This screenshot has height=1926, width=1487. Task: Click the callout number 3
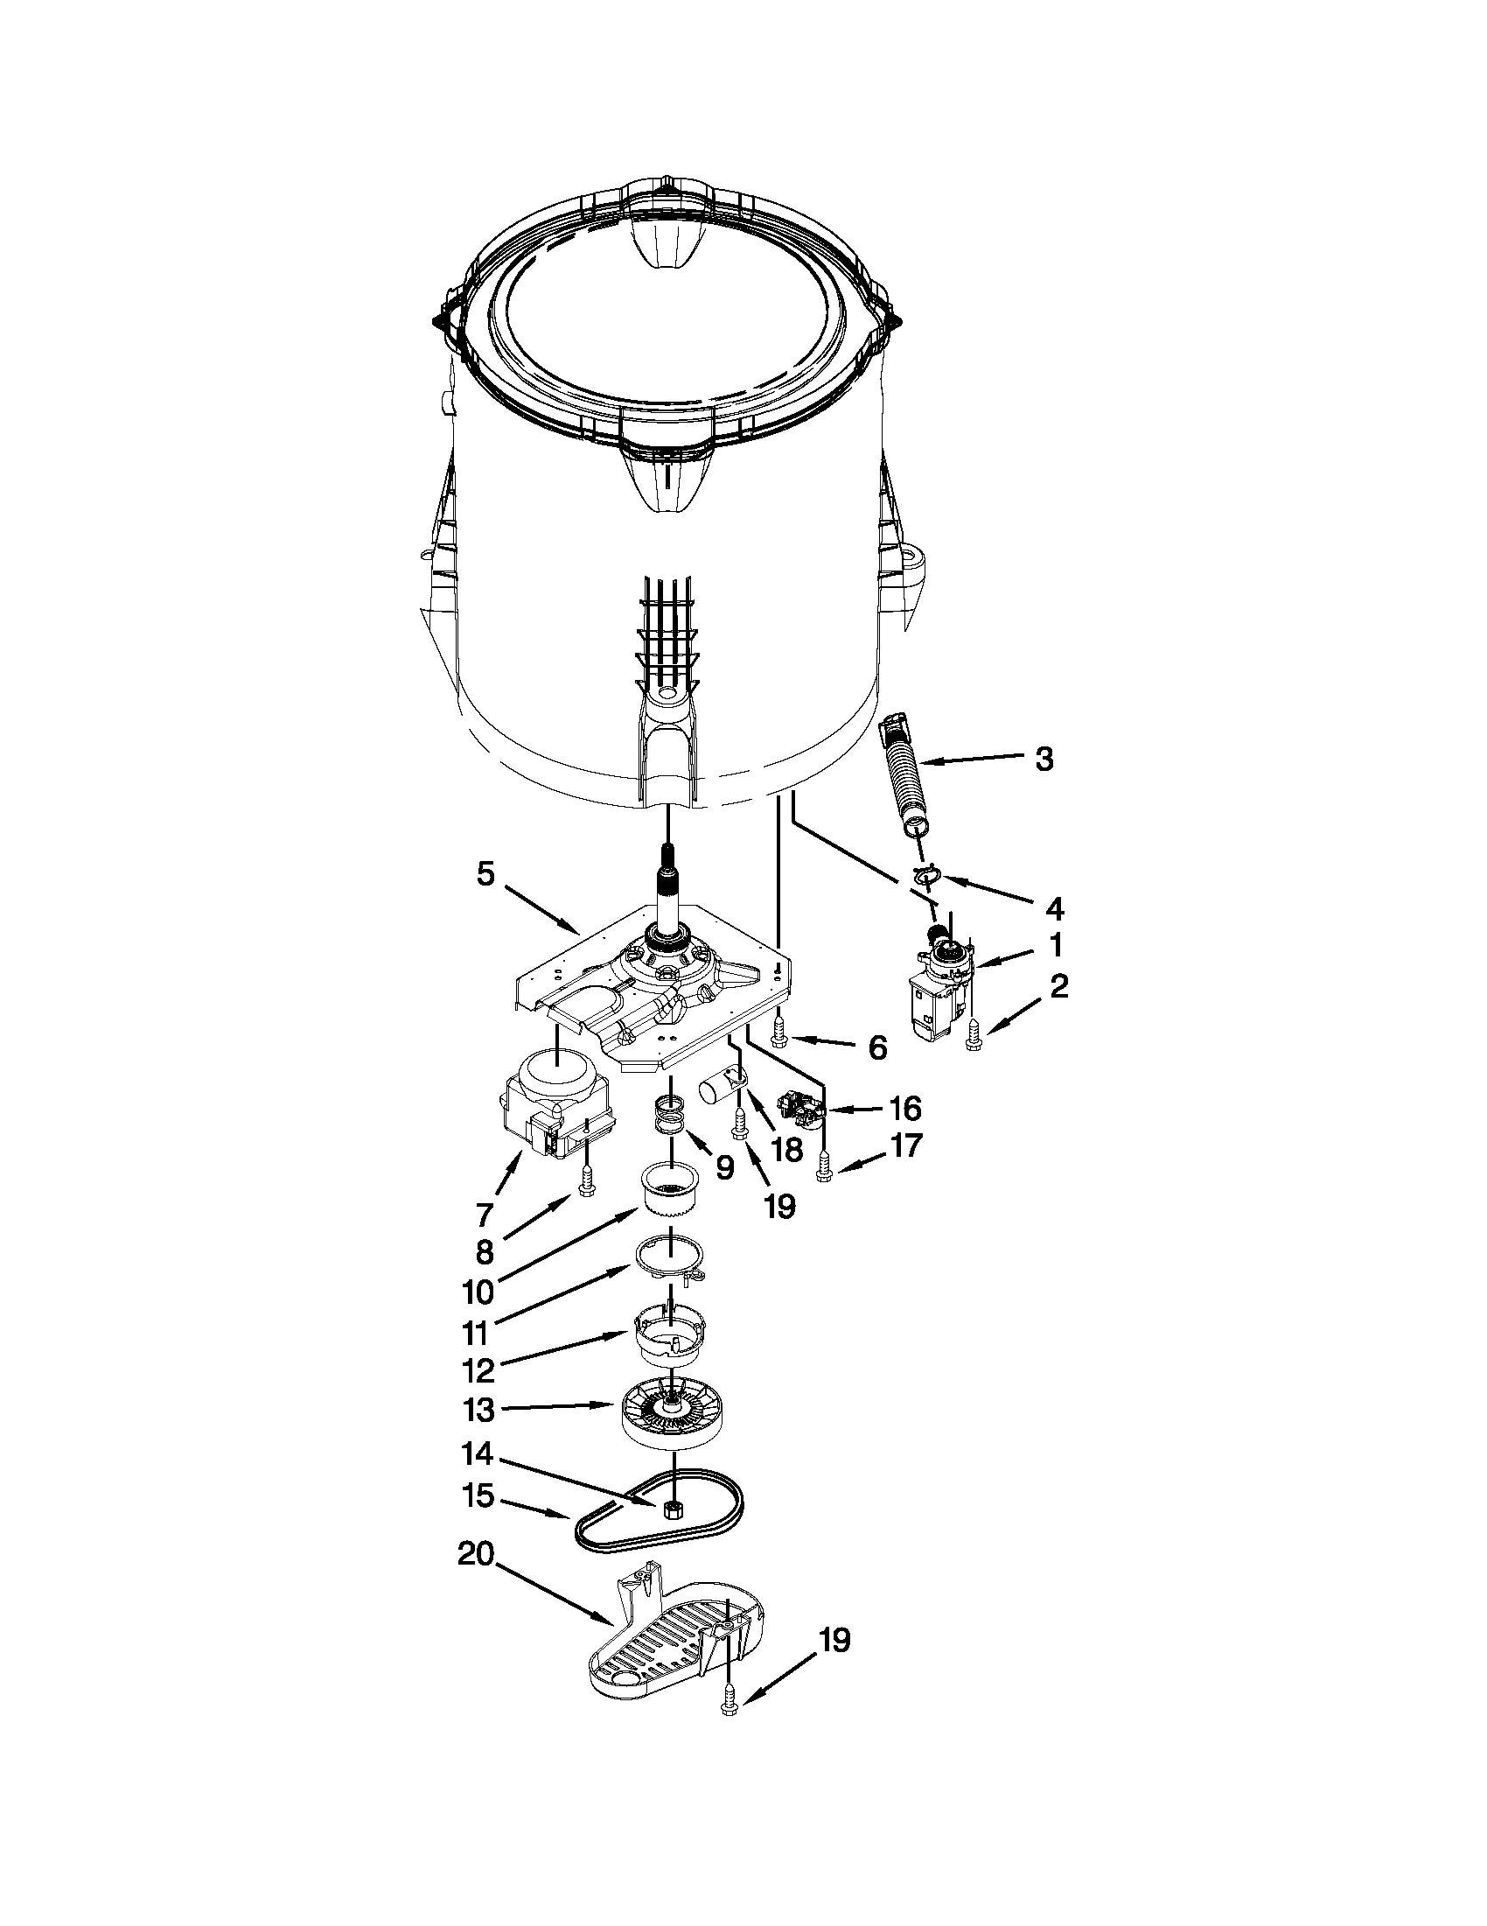[1044, 759]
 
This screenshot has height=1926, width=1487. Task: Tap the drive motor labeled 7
[547, 1104]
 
